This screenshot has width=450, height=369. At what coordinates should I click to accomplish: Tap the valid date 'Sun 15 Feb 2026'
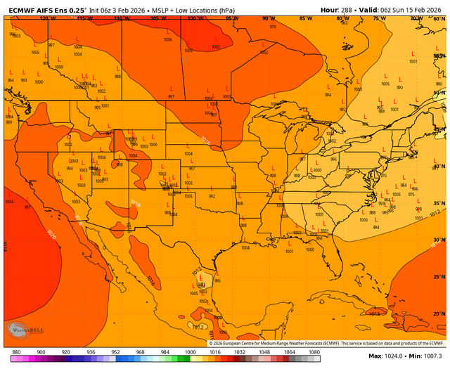(x=416, y=9)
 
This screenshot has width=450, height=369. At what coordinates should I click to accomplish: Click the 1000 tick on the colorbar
(x=190, y=351)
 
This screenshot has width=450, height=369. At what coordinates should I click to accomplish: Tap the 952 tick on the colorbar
(x=115, y=351)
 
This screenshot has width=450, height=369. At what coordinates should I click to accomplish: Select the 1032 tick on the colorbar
(x=240, y=351)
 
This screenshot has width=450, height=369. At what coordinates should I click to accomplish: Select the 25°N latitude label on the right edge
(x=437, y=276)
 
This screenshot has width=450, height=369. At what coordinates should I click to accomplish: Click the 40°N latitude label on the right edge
(x=437, y=167)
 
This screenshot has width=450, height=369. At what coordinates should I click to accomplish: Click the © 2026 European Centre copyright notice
(x=326, y=342)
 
